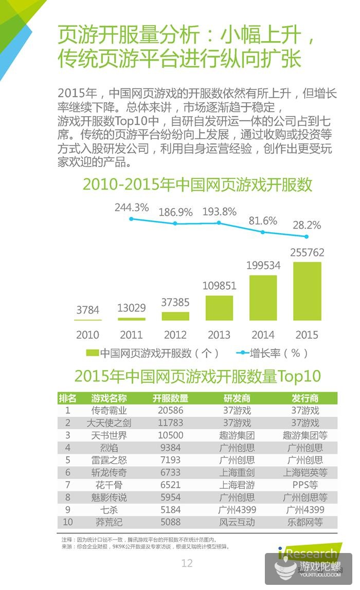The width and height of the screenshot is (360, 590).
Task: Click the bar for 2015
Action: (x=307, y=291)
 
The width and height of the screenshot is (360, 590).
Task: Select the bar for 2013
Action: (x=219, y=308)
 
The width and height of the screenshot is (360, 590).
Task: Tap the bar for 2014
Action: (x=263, y=298)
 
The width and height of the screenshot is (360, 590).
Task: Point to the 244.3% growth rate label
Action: (x=132, y=208)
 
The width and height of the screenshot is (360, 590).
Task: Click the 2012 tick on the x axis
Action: (x=175, y=335)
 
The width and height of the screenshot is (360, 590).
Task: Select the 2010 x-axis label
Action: (x=87, y=335)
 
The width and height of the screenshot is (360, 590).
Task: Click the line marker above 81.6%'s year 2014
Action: (x=263, y=232)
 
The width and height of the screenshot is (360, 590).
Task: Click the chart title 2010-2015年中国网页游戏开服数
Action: (x=197, y=185)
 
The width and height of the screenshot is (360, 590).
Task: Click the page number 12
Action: (x=187, y=563)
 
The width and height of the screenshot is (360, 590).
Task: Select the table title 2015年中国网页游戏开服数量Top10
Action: (x=197, y=376)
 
